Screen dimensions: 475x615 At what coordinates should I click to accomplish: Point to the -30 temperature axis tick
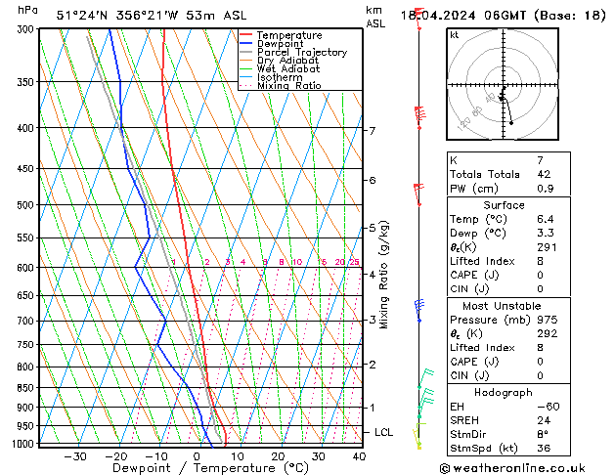click(x=75, y=455)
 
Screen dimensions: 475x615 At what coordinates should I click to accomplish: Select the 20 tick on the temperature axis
click(x=278, y=455)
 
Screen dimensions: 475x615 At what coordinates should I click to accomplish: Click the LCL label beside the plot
click(x=384, y=432)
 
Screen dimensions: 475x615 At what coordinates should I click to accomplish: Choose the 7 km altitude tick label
click(x=372, y=131)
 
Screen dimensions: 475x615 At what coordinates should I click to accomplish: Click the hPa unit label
click(x=28, y=10)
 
